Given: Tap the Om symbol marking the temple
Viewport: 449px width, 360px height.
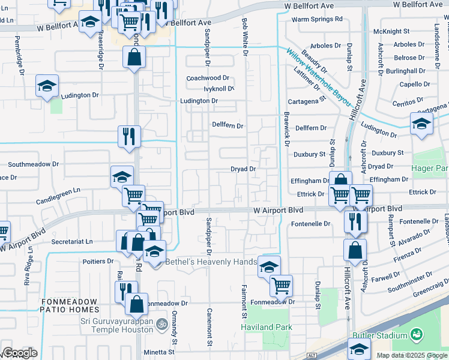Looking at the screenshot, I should pyautogui.click(x=160, y=325).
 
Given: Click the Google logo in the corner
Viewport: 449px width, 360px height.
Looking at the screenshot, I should pyautogui.click(x=19, y=353).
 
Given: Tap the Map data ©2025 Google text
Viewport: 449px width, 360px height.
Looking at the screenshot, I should pyautogui.click(x=411, y=355).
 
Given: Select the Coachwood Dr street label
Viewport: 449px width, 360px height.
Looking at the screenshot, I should pyautogui.click(x=208, y=78).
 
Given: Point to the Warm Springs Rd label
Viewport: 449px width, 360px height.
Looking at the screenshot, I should pyautogui.click(x=317, y=19).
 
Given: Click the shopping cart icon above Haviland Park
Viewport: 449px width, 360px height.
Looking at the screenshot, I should pyautogui.click(x=280, y=286).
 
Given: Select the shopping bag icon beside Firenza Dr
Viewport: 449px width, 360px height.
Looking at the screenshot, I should pyautogui.click(x=355, y=251).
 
